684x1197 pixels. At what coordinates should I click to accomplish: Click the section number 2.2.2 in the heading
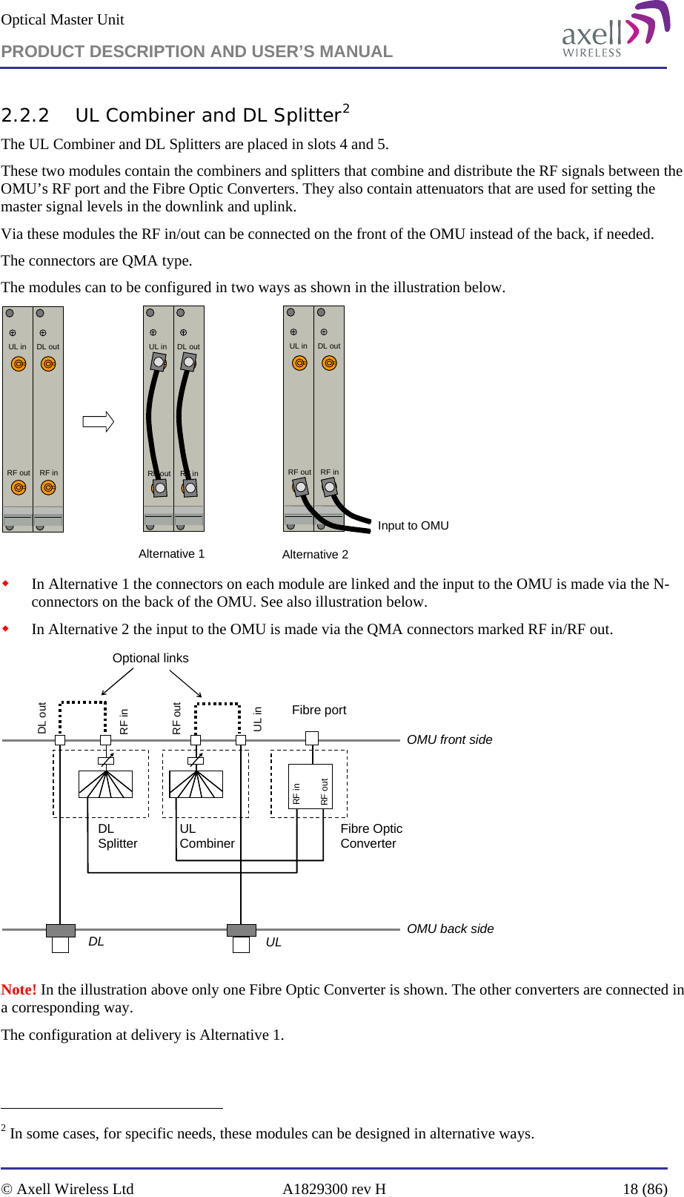[25, 116]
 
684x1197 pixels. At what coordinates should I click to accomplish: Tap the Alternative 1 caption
[171, 554]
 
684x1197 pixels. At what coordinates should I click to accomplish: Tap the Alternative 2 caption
[315, 555]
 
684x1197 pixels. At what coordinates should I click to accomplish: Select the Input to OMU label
[413, 526]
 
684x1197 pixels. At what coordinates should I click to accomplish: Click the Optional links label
[150, 659]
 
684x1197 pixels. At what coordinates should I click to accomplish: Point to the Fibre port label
[319, 710]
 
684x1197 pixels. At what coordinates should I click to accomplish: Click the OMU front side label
[449, 740]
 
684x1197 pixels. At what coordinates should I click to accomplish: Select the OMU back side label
[450, 929]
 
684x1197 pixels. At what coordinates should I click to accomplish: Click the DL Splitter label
[117, 837]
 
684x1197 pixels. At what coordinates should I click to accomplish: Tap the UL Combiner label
[207, 837]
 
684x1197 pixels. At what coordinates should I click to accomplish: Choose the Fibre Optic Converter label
[371, 837]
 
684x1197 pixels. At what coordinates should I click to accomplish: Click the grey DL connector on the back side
[61, 931]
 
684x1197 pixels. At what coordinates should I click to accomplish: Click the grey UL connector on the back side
[241, 931]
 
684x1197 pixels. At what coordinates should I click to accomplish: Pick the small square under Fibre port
[312, 738]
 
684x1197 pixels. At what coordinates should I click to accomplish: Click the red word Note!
[19, 990]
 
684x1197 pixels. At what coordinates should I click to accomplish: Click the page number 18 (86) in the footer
[644, 1189]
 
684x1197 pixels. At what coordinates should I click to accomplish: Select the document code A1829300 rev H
[333, 1189]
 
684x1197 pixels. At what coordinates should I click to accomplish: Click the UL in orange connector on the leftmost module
[19, 364]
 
